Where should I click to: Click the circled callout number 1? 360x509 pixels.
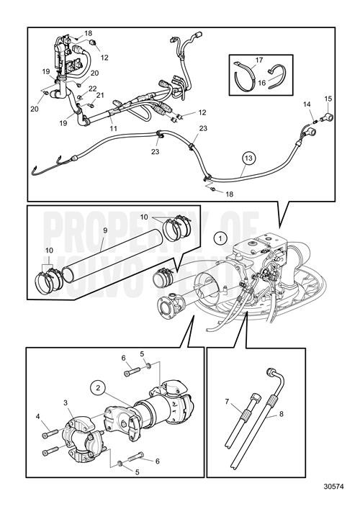[220, 238]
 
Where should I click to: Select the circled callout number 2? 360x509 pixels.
[96, 387]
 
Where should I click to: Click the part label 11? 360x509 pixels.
[113, 128]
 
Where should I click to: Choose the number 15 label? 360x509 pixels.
[328, 98]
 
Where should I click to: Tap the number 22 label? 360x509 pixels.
[92, 88]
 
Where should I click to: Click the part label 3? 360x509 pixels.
[65, 402]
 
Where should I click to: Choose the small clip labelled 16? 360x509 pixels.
[276, 73]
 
